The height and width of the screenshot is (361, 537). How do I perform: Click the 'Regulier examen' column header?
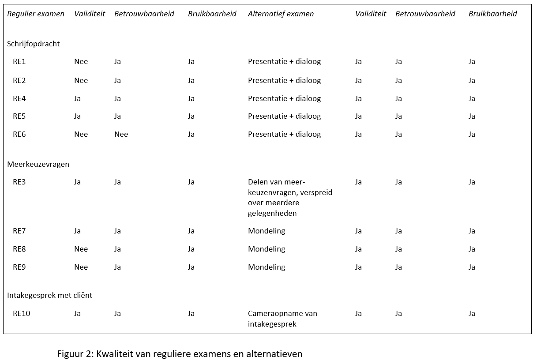(36, 14)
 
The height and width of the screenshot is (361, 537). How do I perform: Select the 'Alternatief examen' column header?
(281, 14)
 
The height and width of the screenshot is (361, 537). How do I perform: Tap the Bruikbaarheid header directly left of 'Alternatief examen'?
(212, 14)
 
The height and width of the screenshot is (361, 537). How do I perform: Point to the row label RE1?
(19, 62)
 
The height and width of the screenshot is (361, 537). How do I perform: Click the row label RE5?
(19, 116)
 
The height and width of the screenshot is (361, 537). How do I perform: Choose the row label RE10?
(21, 313)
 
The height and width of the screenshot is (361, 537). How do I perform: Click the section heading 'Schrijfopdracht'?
(34, 44)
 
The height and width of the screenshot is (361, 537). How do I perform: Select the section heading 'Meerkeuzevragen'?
(38, 165)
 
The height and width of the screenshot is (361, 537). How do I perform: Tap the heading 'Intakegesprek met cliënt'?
(49, 295)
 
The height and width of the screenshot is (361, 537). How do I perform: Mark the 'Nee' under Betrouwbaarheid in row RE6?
(121, 134)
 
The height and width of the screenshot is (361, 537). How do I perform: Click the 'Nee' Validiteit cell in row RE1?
(81, 62)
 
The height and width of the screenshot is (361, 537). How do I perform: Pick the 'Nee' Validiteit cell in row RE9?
(81, 267)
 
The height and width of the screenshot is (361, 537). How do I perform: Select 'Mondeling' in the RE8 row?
(267, 249)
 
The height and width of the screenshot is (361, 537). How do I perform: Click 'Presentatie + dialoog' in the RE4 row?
(284, 99)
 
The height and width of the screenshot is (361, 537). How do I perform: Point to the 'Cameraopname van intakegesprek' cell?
(282, 319)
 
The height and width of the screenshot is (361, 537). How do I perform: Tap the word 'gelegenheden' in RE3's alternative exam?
(272, 213)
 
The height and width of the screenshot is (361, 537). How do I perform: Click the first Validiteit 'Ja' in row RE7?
(77, 231)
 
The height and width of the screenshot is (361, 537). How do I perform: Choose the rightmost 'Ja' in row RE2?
(472, 81)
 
